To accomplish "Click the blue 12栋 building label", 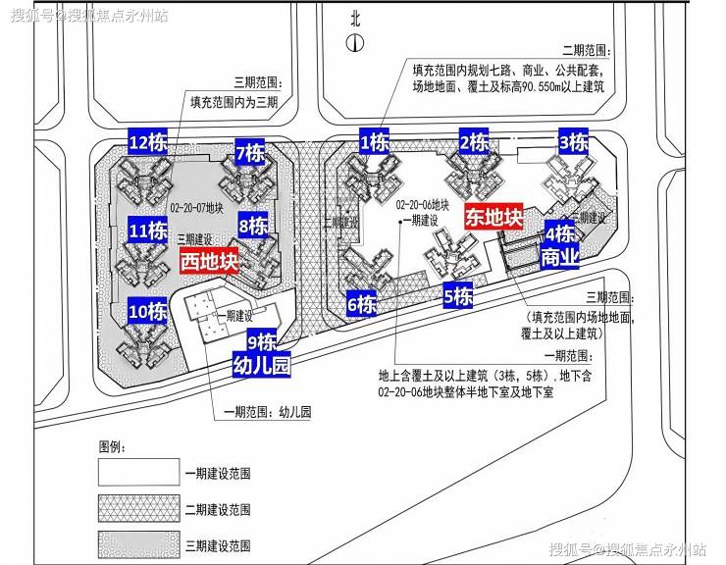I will point(148,142).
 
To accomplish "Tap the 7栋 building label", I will point(249,153).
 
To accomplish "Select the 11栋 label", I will point(147,231).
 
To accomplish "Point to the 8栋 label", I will point(253,227).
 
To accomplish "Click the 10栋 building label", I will point(147,312).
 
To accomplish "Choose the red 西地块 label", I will point(210,262).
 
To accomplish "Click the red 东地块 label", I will point(493,217).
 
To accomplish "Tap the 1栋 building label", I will point(375,142).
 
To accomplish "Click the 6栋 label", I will point(361,304).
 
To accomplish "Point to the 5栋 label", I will point(458,295).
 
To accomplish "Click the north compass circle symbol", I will point(355,41).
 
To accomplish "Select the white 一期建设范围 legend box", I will point(137,473).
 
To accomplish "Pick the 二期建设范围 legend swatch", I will point(137,509).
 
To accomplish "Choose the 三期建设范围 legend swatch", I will point(137,544).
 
